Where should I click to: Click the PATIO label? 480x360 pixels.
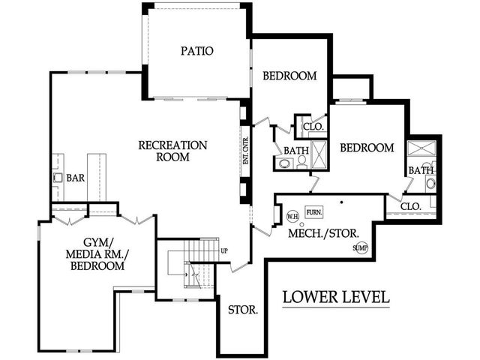(x=196, y=51)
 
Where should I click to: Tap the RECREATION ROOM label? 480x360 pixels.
(x=172, y=151)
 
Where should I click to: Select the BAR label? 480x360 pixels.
(x=76, y=178)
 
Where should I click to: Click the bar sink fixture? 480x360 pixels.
(x=58, y=178)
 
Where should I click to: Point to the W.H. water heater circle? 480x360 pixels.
(x=292, y=217)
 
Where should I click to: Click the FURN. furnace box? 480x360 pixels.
(x=314, y=212)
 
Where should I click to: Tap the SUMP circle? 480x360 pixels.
(x=360, y=248)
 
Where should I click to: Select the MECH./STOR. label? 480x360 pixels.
(x=323, y=233)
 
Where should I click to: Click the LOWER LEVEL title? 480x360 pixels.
(x=336, y=297)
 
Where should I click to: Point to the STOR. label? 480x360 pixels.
(x=243, y=310)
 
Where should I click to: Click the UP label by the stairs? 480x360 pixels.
(x=224, y=251)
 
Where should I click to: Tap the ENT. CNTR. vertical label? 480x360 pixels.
(x=246, y=151)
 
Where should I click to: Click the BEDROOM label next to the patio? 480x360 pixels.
(x=289, y=76)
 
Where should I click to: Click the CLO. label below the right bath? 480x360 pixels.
(x=411, y=206)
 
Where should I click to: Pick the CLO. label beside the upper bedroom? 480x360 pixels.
(x=313, y=127)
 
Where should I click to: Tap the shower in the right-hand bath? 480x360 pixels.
(x=421, y=148)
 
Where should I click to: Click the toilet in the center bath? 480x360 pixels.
(x=301, y=162)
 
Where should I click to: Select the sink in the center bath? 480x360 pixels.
(x=284, y=163)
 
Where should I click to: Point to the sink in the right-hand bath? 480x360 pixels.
(x=430, y=184)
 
